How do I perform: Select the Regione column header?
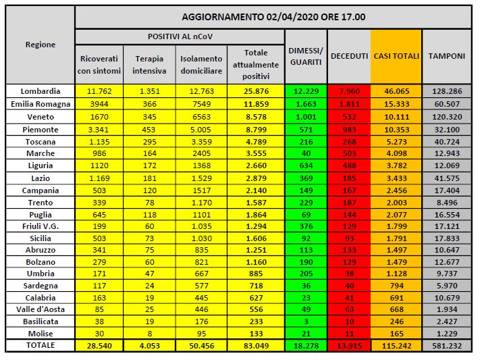[41, 45]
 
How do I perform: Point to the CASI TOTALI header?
[396, 56]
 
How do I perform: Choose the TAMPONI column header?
[446, 56]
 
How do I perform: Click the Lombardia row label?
[41, 91]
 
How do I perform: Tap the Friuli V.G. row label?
[41, 226]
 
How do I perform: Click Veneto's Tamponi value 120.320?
[446, 116]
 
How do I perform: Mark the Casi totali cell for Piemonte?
[396, 129]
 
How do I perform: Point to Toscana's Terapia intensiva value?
[150, 142]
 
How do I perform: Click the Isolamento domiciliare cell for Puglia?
[200, 213]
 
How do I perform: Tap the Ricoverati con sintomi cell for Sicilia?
[100, 238]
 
